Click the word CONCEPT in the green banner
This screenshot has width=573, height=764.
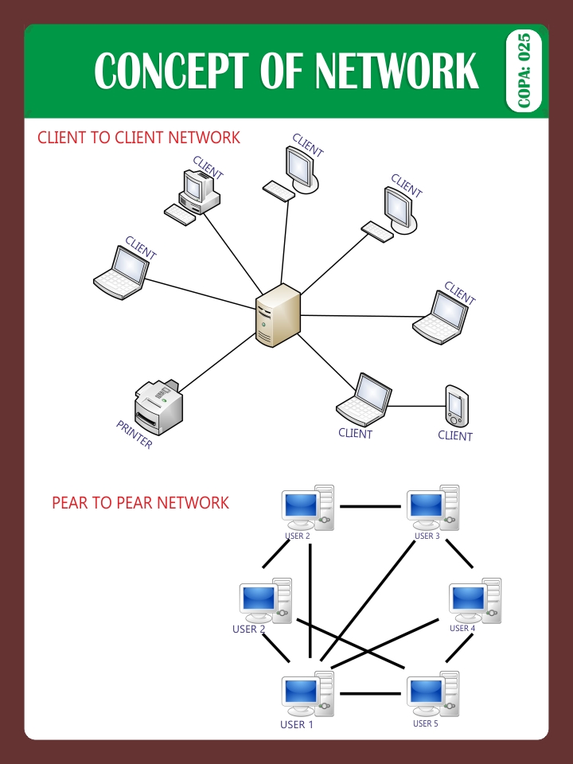click(169, 72)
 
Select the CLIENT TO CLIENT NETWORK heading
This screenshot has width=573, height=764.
click(138, 138)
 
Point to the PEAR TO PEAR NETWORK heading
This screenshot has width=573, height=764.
click(140, 503)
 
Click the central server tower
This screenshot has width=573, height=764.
click(278, 314)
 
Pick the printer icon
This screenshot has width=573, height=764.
click(159, 406)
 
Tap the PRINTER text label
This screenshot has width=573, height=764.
click(134, 435)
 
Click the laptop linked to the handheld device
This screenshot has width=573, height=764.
click(364, 400)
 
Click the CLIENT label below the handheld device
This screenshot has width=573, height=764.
click(455, 436)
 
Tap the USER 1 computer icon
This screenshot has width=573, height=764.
click(307, 693)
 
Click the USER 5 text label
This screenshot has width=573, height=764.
click(425, 724)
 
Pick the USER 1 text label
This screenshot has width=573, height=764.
click(297, 725)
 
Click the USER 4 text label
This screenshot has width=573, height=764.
click(462, 629)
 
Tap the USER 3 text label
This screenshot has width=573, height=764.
click(427, 536)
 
